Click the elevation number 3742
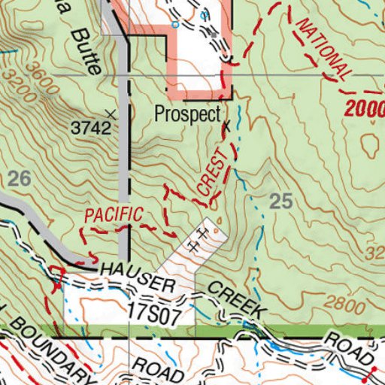[91, 129]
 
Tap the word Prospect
[187, 114]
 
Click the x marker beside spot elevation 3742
[112, 114]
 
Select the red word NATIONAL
[324, 48]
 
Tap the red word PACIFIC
[114, 214]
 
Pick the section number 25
[280, 200]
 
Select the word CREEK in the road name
[235, 299]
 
